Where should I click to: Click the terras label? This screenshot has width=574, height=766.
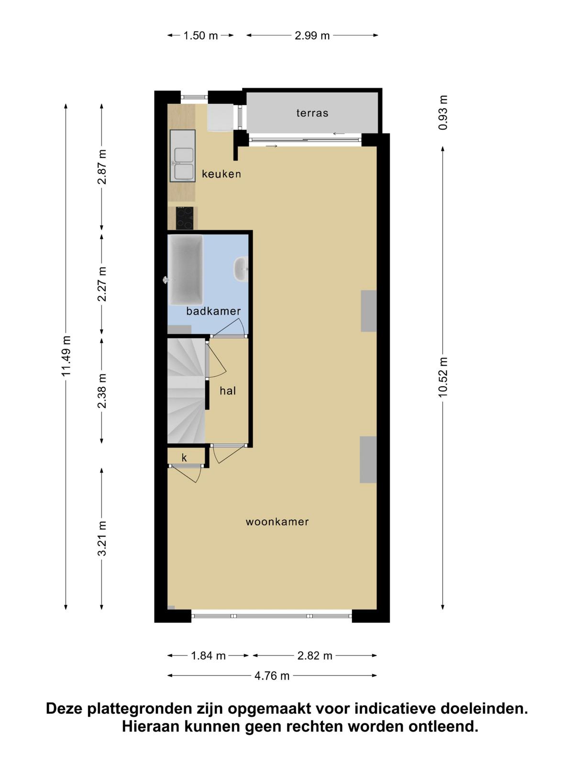click(312, 113)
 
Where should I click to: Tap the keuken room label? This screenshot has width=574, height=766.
click(221, 174)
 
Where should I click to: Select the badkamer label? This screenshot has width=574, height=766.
click(213, 311)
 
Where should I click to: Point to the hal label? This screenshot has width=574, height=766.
click(228, 391)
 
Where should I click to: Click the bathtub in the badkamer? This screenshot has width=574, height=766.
click(186, 270)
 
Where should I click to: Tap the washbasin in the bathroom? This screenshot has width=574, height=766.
click(241, 269)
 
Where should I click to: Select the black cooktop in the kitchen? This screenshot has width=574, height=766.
click(184, 218)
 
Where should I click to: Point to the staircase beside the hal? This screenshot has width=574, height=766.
click(186, 391)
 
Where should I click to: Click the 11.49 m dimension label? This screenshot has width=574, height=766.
click(66, 356)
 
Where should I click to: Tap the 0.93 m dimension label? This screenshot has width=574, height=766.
click(442, 113)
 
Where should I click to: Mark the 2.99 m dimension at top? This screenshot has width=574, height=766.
click(312, 35)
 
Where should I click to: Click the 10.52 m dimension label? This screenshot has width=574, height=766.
click(442, 377)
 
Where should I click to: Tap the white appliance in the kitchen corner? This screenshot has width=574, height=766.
click(220, 117)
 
